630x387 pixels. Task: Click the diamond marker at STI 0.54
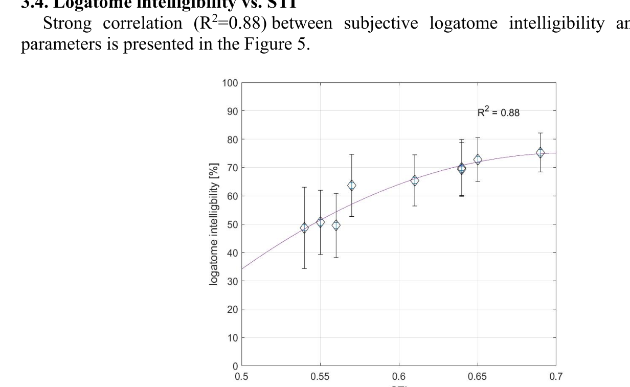tap(304, 228)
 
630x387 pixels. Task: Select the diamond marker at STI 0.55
tap(320, 222)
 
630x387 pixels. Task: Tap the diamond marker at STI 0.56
tap(336, 225)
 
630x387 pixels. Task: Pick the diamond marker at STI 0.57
tap(352, 186)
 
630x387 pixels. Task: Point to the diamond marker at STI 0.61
tap(415, 180)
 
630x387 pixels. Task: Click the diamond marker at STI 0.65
tap(478, 160)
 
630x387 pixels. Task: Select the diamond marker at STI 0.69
tap(540, 152)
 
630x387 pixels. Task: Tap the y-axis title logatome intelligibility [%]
tap(214, 224)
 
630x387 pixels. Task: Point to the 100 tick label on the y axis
tap(230, 83)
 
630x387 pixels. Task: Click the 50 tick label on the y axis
tap(232, 224)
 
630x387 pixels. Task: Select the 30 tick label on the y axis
tap(232, 281)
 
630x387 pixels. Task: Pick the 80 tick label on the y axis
tap(232, 140)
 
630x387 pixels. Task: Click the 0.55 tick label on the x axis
tap(320, 377)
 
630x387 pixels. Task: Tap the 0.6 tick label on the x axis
tap(399, 377)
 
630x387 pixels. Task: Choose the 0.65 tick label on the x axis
tap(478, 377)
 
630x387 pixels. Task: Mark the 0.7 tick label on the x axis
tap(556, 377)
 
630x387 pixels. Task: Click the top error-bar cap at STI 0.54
tap(304, 188)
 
